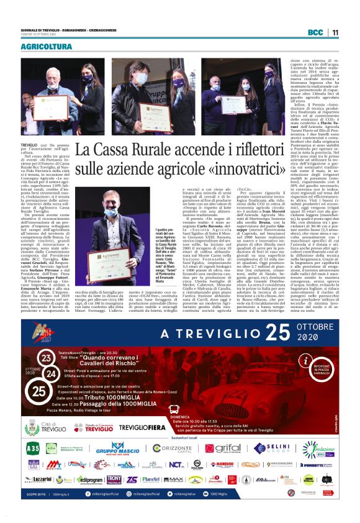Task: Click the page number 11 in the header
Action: [x=335, y=32]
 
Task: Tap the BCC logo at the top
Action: [x=316, y=32]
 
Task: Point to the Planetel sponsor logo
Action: [x=151, y=479]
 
